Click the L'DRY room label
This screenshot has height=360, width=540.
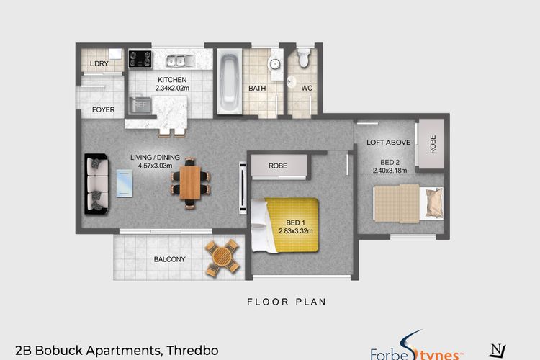99,65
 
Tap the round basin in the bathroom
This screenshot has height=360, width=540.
275,64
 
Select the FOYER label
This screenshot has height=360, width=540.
103,110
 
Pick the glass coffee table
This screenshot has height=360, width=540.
125,182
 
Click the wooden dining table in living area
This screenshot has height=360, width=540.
190,181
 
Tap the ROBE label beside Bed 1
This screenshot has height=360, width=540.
277,166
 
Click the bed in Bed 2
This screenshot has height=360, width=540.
408,202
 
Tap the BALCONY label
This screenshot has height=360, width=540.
170,259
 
